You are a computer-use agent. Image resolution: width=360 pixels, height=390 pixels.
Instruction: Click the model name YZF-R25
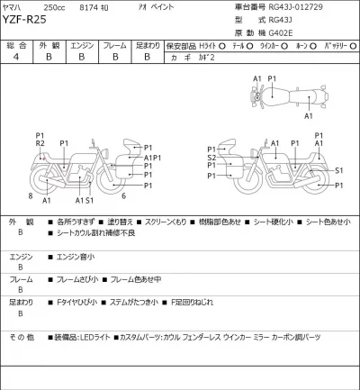[30, 23]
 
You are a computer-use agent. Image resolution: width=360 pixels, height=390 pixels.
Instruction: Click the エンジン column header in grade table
[82, 42]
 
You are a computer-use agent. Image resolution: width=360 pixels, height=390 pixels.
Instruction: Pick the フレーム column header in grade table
[114, 42]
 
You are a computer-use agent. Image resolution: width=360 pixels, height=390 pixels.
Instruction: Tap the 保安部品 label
[184, 42]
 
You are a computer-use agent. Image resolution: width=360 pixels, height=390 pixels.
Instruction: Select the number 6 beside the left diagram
[122, 195]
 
